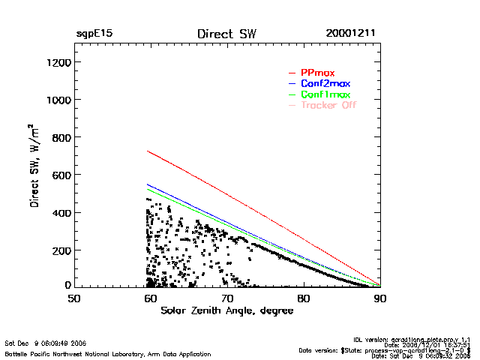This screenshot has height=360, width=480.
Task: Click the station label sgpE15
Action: [x=94, y=34]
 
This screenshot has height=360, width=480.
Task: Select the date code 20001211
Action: [x=351, y=34]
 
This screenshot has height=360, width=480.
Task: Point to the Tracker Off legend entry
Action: [x=328, y=105]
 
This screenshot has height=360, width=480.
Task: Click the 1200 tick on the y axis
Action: [x=58, y=62]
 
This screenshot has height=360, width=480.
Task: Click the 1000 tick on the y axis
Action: [x=58, y=100]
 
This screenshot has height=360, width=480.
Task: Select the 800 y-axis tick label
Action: [x=60, y=137]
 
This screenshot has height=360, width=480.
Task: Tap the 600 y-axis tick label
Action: [x=60, y=175]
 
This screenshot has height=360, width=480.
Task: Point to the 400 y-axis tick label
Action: [x=60, y=212]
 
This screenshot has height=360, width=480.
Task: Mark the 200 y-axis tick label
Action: [x=60, y=250]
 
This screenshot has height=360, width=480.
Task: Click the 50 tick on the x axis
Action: [x=74, y=298]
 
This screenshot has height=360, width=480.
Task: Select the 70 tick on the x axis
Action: [x=227, y=298]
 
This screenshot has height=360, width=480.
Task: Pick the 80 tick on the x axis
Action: [x=304, y=298]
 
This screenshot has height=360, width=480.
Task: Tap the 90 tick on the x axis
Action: [x=380, y=298]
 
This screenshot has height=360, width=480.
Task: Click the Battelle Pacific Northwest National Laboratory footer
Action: [x=108, y=353]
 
